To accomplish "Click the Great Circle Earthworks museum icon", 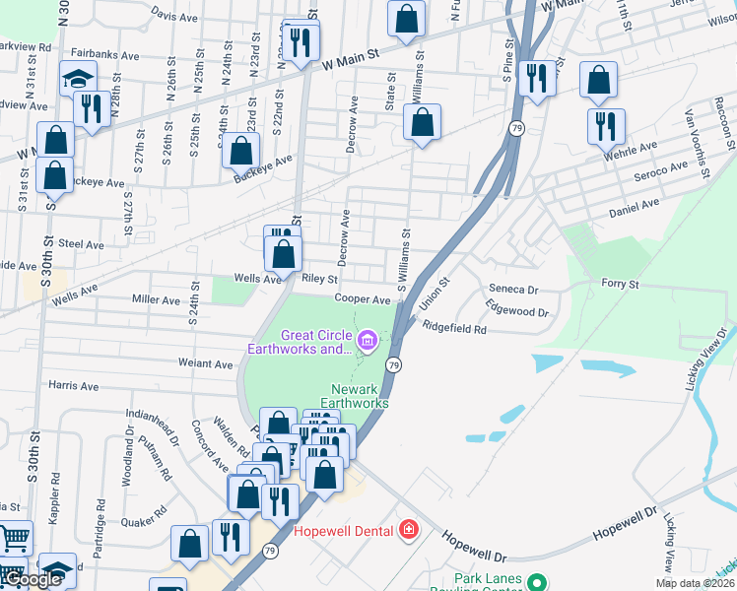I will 368,342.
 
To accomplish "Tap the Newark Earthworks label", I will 360,395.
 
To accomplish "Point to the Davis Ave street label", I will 175,17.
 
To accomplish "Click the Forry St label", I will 621,284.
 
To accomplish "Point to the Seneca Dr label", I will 513,291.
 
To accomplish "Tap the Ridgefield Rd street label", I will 455,328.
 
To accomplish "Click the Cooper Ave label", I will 363,298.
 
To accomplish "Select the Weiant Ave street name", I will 207,363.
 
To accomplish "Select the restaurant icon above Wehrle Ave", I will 606,124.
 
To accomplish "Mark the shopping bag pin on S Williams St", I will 423,123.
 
